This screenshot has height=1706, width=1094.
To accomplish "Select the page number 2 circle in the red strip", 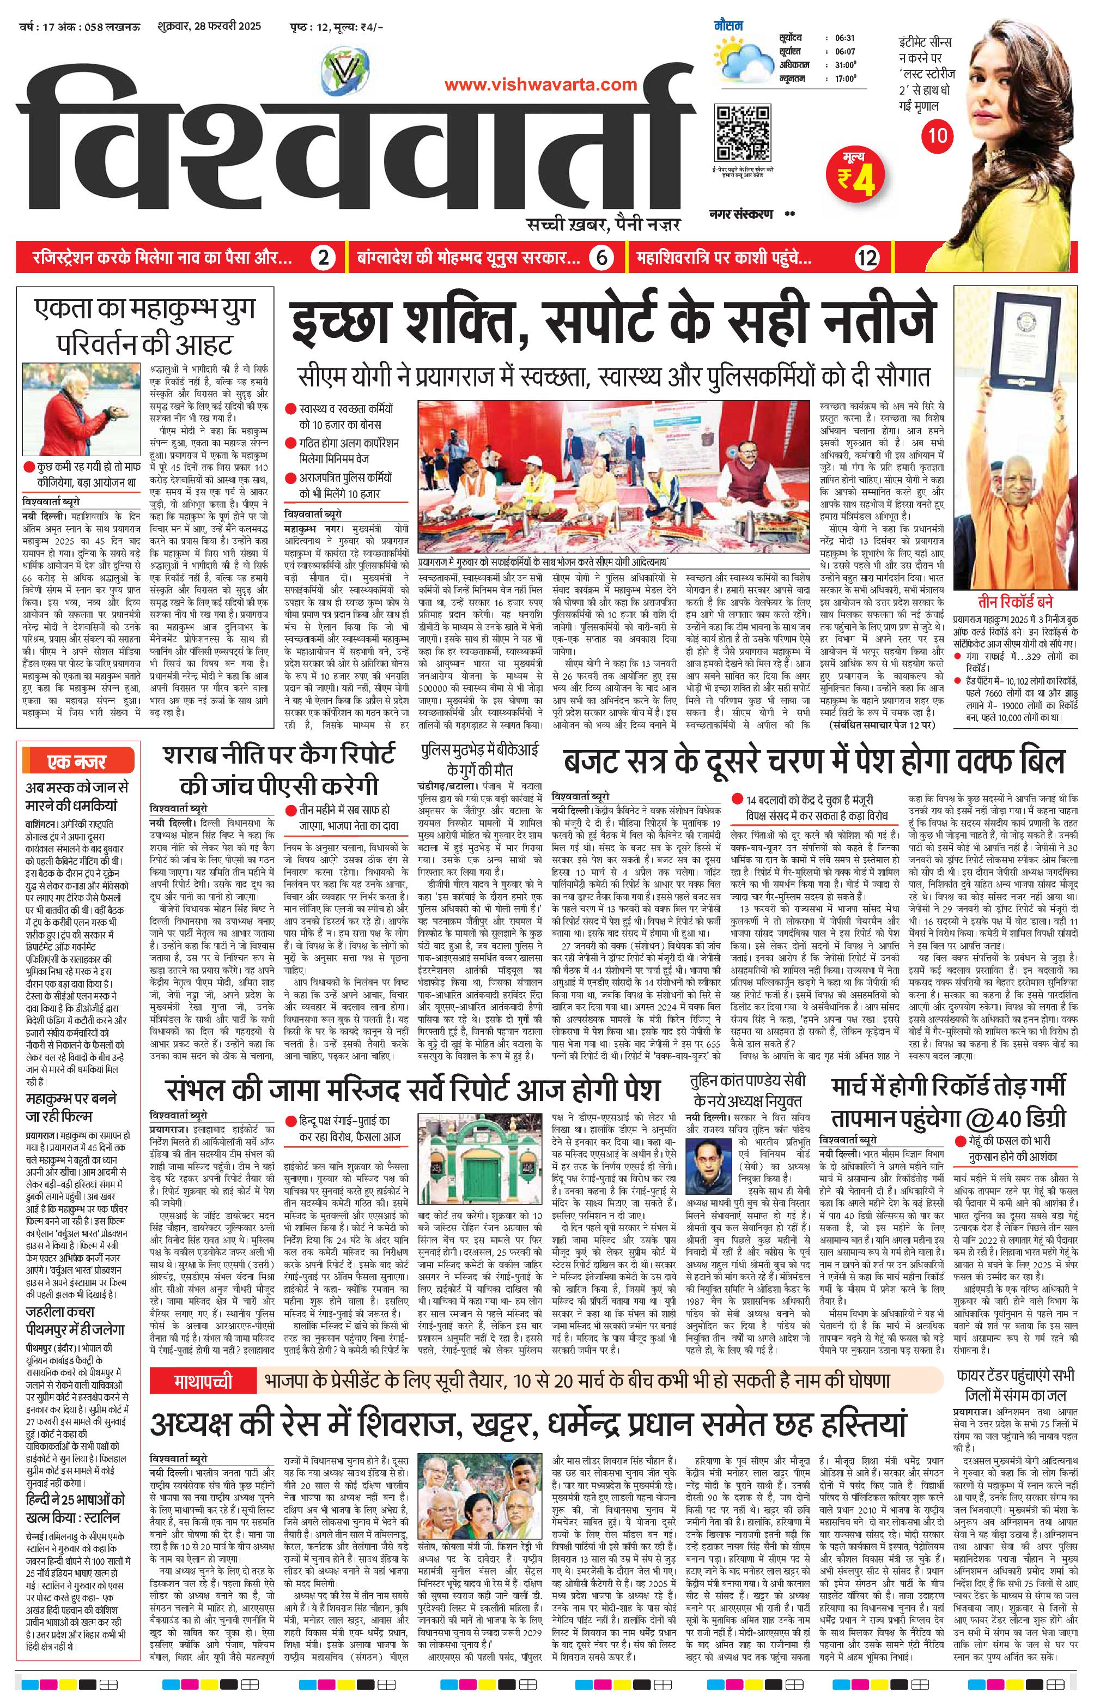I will coord(323,258).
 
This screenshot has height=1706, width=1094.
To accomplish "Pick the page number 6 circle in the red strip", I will coord(601,258).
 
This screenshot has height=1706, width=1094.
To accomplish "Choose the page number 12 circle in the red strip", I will coord(868,258).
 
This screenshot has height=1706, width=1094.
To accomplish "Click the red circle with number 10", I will coord(938,134).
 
